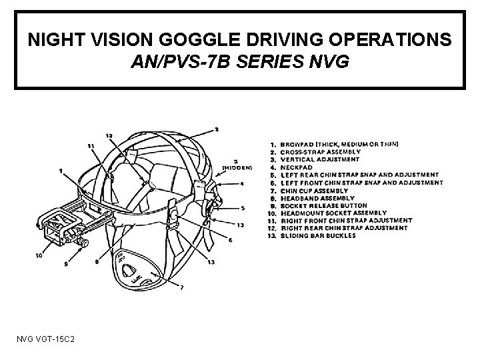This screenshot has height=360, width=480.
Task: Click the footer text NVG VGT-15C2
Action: (x=47, y=341)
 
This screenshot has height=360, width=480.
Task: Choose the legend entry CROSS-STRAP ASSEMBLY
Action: (x=320, y=152)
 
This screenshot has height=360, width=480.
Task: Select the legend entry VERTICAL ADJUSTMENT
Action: (x=320, y=160)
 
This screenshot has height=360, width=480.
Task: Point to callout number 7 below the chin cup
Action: (x=181, y=288)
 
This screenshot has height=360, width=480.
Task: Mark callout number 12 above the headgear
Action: (x=108, y=137)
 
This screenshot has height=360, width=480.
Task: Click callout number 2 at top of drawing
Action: (x=216, y=129)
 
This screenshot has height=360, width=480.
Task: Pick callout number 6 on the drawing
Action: (x=229, y=240)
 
